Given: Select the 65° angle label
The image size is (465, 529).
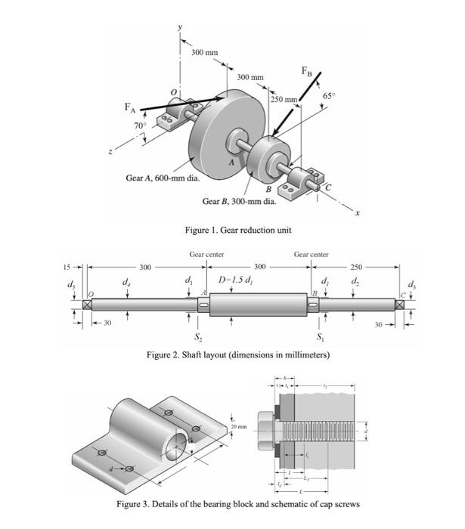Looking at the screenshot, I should pyautogui.click(x=328, y=97).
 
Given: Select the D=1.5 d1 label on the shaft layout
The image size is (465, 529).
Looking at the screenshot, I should pyautogui.click(x=237, y=282).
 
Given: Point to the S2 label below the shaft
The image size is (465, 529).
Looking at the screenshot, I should pyautogui.click(x=198, y=336).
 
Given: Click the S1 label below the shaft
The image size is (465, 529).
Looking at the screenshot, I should pyautogui.click(x=318, y=336).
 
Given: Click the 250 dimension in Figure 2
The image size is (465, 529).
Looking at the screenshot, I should pyautogui.click(x=358, y=268).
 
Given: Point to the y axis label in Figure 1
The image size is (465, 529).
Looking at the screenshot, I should pyautogui.click(x=180, y=27).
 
